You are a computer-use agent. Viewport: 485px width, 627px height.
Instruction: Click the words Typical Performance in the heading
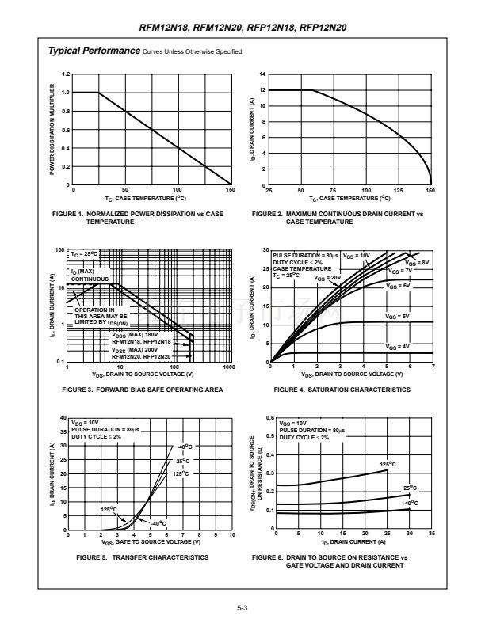94,51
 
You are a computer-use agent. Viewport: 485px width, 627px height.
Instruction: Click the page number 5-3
242,608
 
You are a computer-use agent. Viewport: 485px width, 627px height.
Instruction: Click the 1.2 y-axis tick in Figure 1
66,74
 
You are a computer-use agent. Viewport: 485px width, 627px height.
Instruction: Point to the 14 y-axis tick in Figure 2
262,74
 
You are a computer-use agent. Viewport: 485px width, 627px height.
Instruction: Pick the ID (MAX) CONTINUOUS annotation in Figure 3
90,275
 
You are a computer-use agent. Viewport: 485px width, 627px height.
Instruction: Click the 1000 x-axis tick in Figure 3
230,368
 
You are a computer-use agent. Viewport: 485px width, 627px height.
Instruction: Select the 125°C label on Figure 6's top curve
388,464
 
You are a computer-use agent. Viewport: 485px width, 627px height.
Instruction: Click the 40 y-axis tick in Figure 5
64,417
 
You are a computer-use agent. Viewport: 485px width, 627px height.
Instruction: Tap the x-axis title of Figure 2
350,199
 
